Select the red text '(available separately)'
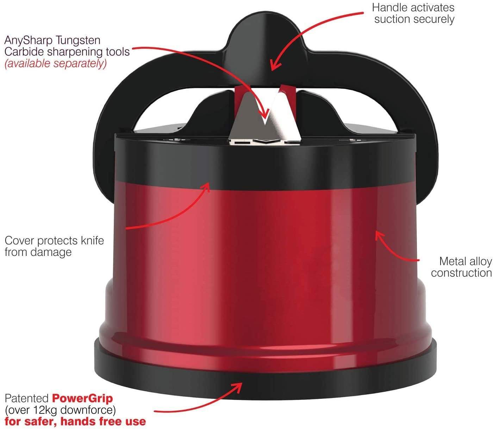(x=55, y=63)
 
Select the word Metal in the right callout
(x=452, y=261)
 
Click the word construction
(x=461, y=273)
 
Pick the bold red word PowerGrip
(x=83, y=399)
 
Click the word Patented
(x=27, y=399)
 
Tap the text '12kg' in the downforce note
(x=48, y=410)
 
